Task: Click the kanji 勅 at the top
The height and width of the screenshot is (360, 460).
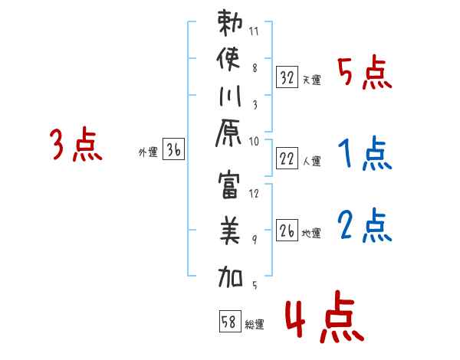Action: pyautogui.click(x=232, y=25)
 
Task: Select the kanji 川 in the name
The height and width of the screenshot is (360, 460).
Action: pyautogui.click(x=231, y=98)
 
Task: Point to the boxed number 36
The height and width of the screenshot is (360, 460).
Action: pyautogui.click(x=174, y=151)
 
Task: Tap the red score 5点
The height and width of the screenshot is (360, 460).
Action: pyautogui.click(x=366, y=74)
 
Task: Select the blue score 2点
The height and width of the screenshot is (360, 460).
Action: pyautogui.click(x=365, y=227)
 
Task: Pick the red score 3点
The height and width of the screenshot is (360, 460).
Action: pyautogui.click(x=76, y=145)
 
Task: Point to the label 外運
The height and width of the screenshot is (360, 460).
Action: pyautogui.click(x=147, y=152)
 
